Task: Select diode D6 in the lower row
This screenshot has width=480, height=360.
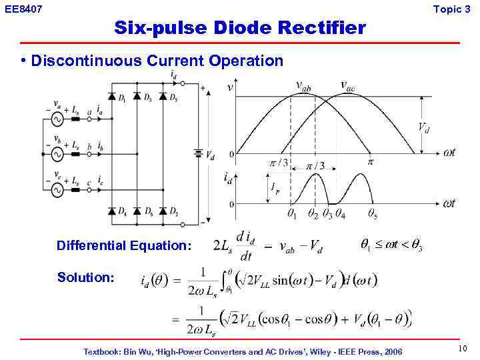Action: tap(137, 211)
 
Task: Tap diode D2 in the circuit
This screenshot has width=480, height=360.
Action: tap(162, 211)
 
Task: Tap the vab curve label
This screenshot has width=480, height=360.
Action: tap(303, 85)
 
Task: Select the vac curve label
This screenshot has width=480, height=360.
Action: tap(347, 85)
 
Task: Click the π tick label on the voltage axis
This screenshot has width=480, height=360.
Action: tap(371, 161)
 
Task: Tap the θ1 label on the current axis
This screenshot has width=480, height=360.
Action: tap(291, 214)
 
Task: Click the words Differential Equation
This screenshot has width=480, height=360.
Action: tap(124, 245)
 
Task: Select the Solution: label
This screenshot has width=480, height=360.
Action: tap(86, 277)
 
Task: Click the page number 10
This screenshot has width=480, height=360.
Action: tap(463, 349)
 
